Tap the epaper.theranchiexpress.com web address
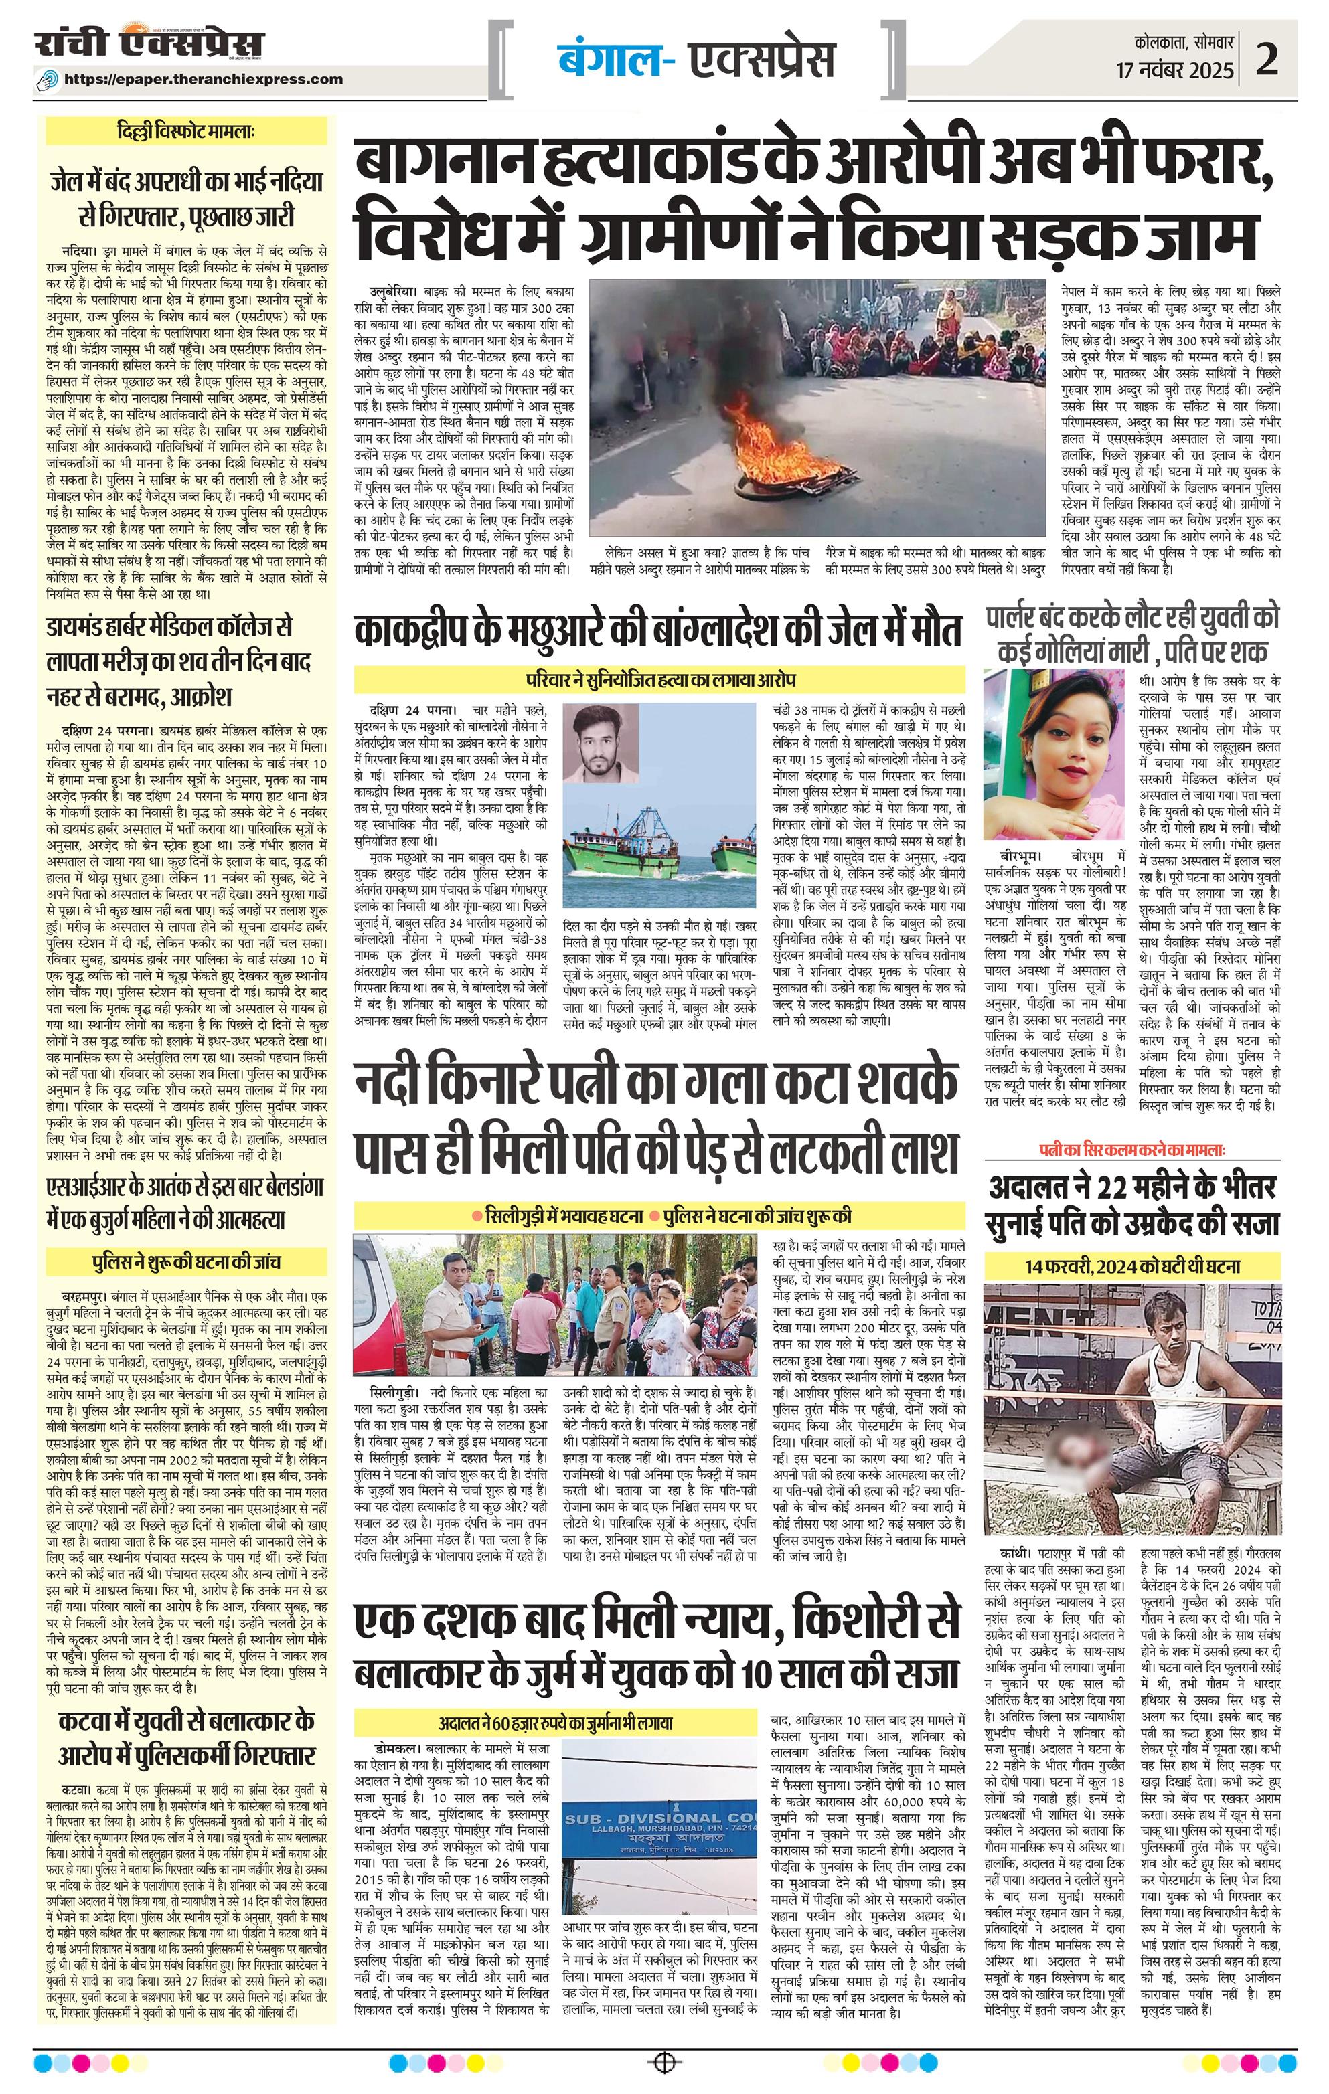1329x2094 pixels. (216, 78)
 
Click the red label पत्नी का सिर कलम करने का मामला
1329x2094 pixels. (1131, 1150)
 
